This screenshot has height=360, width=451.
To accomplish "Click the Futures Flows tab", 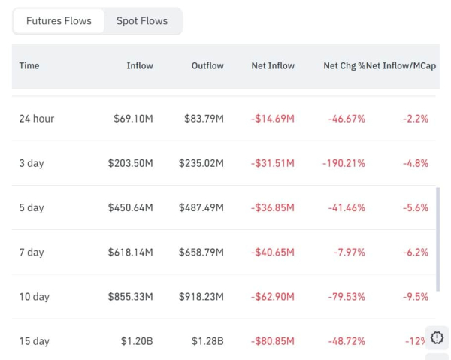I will tap(59, 21).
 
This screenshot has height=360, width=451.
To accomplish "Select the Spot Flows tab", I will tap(142, 21).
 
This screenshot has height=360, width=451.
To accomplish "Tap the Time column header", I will tap(29, 66).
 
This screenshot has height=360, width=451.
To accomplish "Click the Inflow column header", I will tap(139, 66).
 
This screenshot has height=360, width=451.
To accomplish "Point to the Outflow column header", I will tap(207, 66).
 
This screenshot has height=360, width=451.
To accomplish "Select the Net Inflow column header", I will tap(273, 66).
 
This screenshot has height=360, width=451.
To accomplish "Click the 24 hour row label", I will tap(37, 119).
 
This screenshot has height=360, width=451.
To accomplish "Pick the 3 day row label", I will tap(32, 163).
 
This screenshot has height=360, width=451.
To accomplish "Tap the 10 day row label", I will tap(35, 297).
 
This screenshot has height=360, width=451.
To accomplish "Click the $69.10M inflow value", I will tap(131, 119).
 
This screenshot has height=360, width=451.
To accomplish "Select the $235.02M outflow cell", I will tap(201, 163).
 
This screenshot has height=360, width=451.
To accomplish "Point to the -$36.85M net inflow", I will tap(273, 207).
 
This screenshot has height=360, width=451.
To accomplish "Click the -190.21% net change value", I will tap(344, 163).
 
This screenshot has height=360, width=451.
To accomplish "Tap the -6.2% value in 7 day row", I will tap(414, 253).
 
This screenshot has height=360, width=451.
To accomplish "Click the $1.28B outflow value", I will tap(209, 341).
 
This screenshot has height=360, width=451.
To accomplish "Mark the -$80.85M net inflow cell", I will tap(273, 341).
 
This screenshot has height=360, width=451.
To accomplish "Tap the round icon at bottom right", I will tap(437, 337).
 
